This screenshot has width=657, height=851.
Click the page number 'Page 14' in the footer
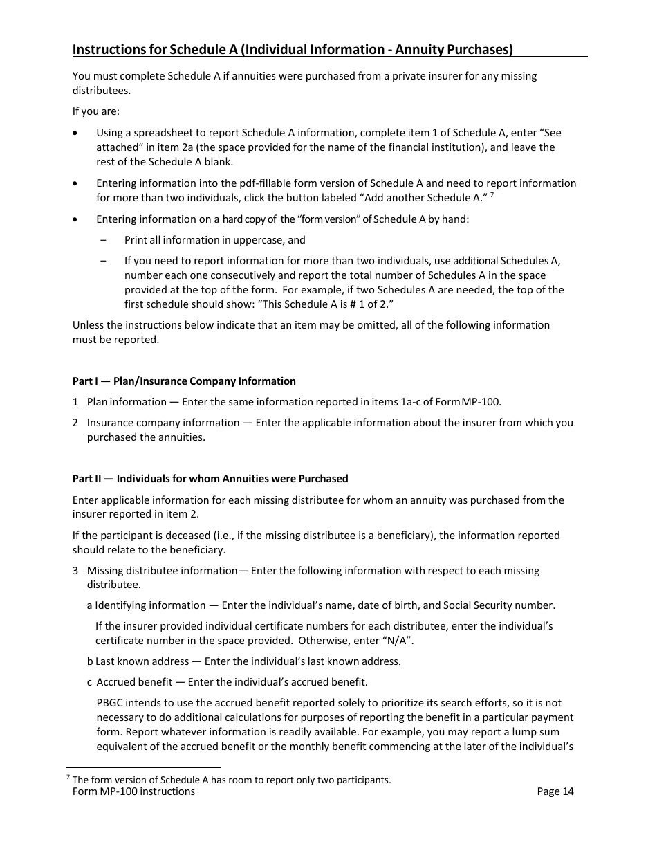pos(555,791)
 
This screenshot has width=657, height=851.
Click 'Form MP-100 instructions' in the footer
pos(133,791)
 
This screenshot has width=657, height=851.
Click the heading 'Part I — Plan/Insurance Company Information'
pos(184,381)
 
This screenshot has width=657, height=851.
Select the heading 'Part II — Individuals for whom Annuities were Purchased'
pos(210,479)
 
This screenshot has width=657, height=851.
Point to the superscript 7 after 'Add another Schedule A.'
pos(492,195)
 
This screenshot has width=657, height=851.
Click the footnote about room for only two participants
pos(232,780)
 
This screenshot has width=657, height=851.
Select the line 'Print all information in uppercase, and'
pos(214,240)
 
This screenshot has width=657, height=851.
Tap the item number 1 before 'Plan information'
pos(75,402)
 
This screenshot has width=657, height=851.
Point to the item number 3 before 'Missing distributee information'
pos(75,571)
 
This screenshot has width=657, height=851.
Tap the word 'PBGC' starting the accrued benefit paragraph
pos(110,703)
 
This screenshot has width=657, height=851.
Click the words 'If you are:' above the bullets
pos(96,111)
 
